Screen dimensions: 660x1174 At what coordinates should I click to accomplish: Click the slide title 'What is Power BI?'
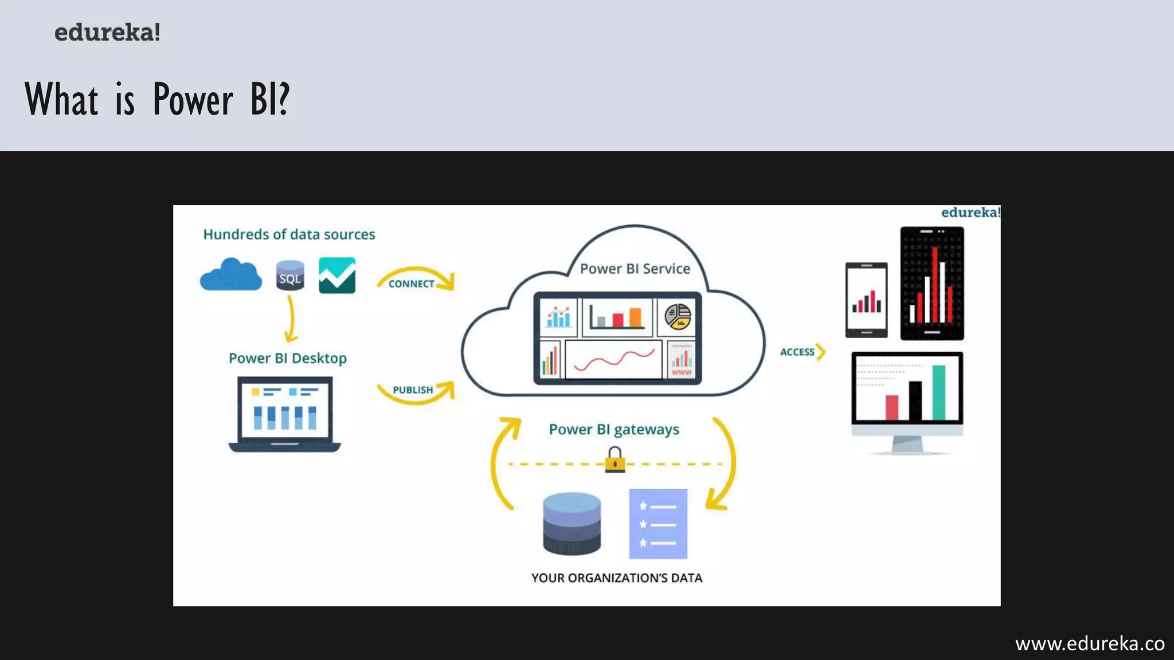pos(157,99)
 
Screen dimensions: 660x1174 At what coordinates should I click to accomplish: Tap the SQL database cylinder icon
pos(289,275)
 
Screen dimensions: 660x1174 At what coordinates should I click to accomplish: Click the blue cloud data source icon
pos(231,275)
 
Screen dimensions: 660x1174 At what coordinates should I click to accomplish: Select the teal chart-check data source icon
pos(337,276)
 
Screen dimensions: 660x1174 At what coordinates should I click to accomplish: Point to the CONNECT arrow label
pos(411,284)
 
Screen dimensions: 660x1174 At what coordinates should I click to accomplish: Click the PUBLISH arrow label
pos(413,390)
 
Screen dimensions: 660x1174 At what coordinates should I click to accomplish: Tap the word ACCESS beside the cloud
pos(797,352)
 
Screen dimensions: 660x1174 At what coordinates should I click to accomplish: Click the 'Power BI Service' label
pos(635,269)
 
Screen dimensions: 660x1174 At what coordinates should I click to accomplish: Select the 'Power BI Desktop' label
pos(288,358)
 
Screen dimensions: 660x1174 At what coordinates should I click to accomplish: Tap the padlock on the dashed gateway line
pos(615,460)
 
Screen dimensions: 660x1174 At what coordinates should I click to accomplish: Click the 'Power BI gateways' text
pos(614,430)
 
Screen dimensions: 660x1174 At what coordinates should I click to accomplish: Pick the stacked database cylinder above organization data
pos(572,524)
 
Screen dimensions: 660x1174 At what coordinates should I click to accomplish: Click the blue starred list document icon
pos(658,524)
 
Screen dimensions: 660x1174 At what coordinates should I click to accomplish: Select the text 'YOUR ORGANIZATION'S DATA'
pos(617,578)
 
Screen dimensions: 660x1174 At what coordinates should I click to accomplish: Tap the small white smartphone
pos(866,300)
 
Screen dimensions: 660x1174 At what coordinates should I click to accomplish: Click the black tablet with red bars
pos(932,283)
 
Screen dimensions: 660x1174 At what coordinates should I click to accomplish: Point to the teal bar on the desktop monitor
pos(938,393)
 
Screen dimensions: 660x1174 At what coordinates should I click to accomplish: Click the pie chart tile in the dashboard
pos(678,316)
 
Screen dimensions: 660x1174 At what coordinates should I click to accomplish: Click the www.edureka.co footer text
pos(1090,644)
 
